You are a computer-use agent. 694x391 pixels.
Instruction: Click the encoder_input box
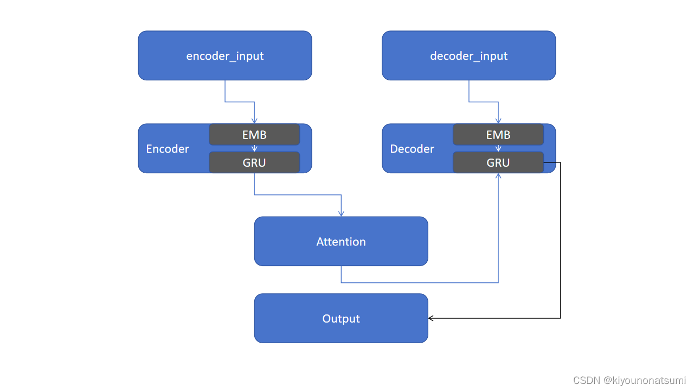(x=224, y=55)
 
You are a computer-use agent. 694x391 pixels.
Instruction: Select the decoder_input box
(x=468, y=55)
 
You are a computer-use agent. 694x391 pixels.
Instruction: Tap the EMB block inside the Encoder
(x=254, y=135)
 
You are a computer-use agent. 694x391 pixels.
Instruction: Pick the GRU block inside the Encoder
(x=254, y=162)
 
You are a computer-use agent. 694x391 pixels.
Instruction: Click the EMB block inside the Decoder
(x=498, y=135)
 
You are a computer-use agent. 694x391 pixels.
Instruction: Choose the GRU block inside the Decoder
(x=498, y=162)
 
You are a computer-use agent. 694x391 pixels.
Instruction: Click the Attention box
(x=341, y=242)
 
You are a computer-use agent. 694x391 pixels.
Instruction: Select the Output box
(x=341, y=318)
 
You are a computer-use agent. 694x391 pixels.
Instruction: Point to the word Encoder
(x=168, y=149)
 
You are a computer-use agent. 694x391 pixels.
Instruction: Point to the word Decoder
(x=412, y=149)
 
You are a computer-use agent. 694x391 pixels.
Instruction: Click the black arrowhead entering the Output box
(x=432, y=318)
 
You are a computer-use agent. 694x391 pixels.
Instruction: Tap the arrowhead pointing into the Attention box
(x=341, y=213)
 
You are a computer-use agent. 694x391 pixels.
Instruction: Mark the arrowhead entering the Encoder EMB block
(x=254, y=121)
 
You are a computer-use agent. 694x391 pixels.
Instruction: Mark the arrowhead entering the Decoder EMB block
(x=498, y=121)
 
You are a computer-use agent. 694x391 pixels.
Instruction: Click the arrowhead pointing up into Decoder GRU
(x=498, y=176)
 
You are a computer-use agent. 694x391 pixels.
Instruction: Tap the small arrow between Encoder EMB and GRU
(x=254, y=148)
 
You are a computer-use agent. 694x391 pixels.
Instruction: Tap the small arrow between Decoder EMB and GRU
(x=498, y=148)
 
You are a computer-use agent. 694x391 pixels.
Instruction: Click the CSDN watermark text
(x=629, y=380)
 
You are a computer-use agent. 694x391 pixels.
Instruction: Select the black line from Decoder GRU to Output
(x=560, y=244)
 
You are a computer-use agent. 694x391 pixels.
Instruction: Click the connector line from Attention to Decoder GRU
(x=423, y=282)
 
